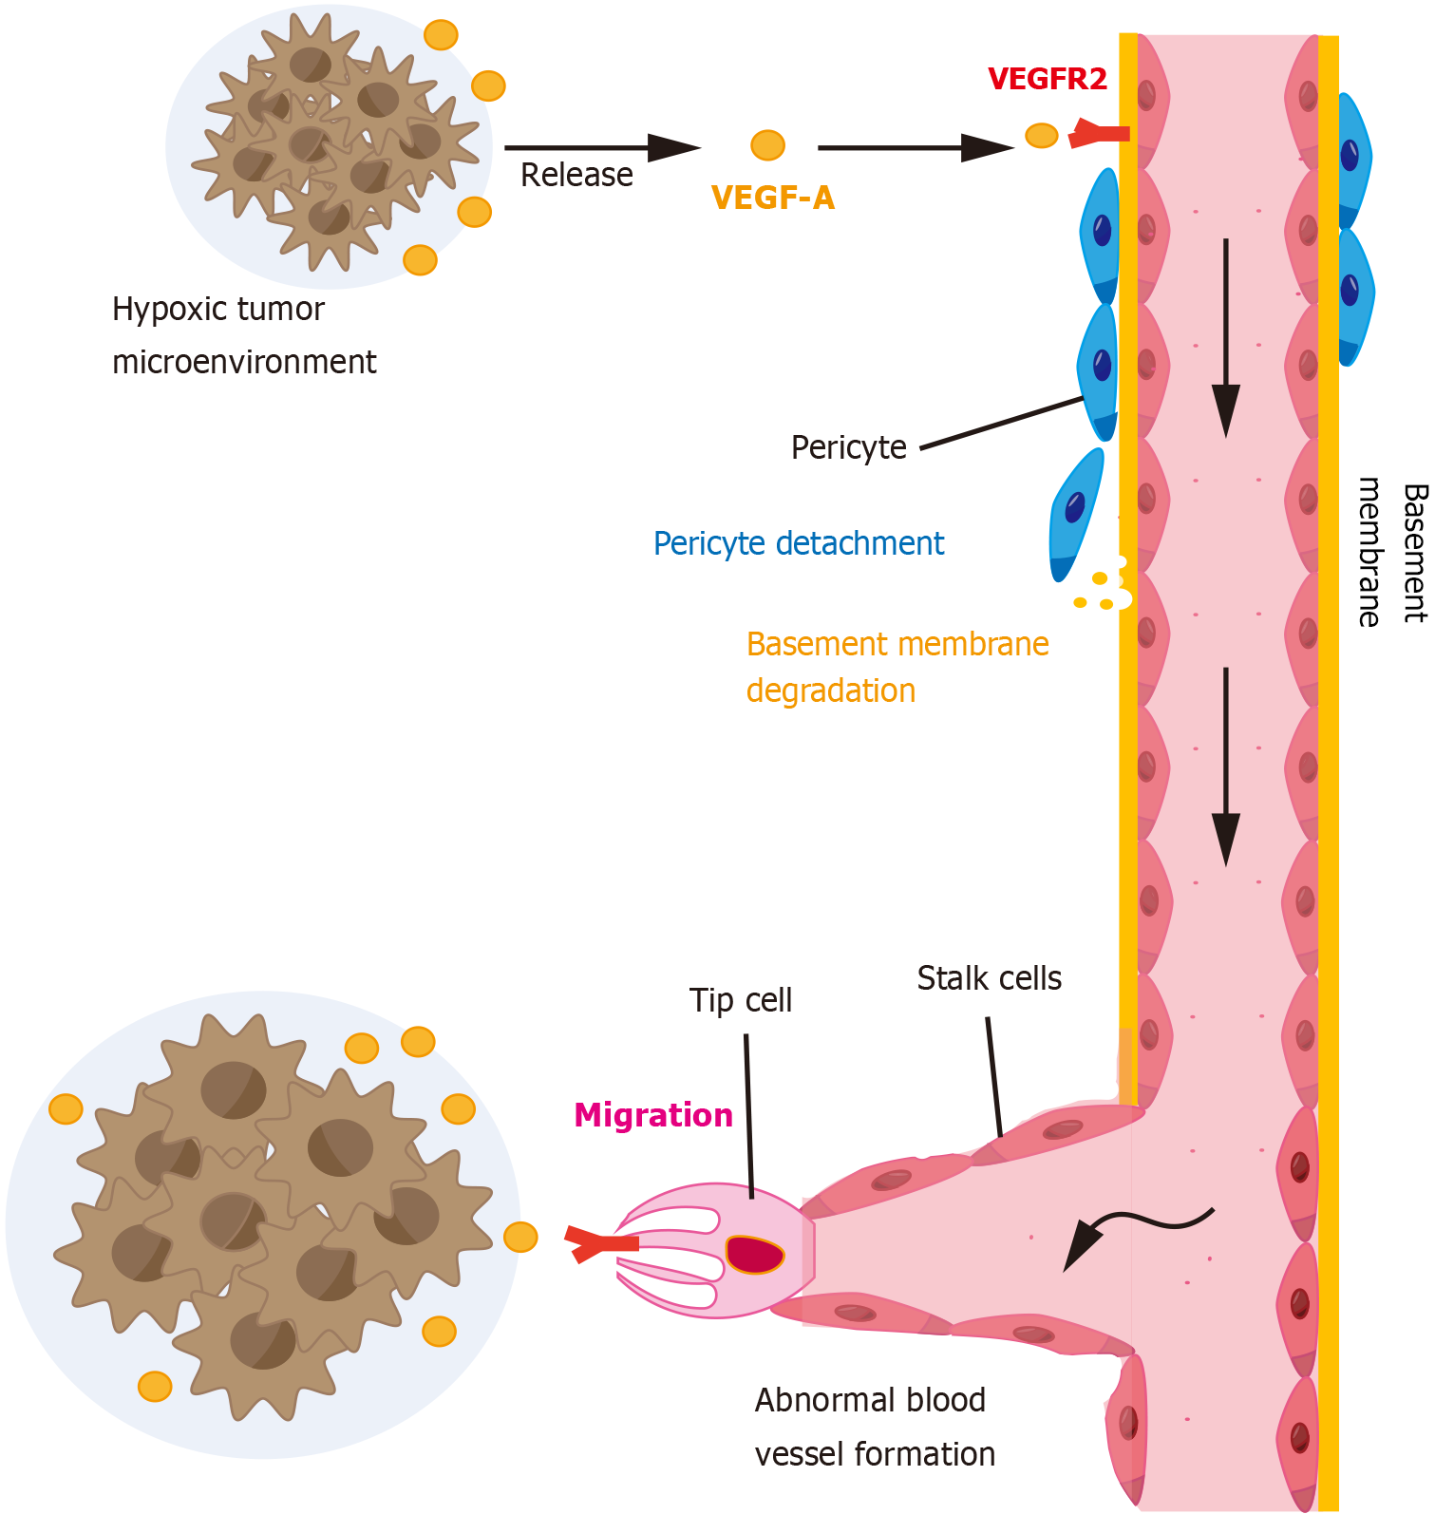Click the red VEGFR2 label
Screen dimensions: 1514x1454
point(1047,79)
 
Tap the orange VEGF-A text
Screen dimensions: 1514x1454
point(772,198)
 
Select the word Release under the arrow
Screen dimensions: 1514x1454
point(576,175)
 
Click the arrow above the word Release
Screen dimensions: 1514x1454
point(601,147)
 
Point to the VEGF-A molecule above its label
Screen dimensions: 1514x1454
point(767,145)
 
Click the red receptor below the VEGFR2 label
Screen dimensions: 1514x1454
point(1100,134)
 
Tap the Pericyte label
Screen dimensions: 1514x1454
point(848,447)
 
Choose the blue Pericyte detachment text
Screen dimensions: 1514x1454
point(798,543)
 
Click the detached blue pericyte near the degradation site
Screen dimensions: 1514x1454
point(1075,513)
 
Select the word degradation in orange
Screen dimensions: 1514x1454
point(830,691)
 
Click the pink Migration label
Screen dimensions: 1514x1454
point(653,1115)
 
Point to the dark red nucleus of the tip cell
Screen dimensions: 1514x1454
point(755,1254)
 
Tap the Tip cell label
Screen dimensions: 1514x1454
point(740,1000)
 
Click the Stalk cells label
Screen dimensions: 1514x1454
point(989,978)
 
